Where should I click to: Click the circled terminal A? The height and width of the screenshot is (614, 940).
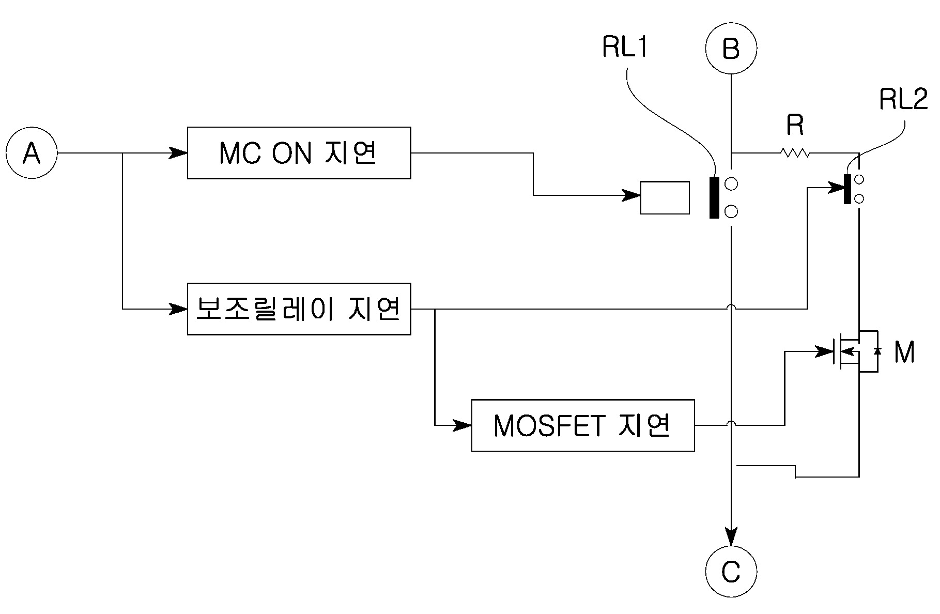[32, 153]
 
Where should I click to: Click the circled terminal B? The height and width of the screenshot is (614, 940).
[731, 49]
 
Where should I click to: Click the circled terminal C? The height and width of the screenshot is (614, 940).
[731, 571]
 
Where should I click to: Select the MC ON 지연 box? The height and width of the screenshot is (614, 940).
[299, 153]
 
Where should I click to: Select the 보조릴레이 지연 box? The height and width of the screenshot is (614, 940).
[299, 309]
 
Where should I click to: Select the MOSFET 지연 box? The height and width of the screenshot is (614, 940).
[583, 425]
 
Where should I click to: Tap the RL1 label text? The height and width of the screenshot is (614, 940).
[625, 48]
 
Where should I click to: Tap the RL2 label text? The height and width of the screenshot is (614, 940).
[903, 100]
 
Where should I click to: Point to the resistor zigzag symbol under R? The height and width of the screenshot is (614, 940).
[794, 153]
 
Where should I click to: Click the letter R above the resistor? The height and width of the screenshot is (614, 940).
[795, 125]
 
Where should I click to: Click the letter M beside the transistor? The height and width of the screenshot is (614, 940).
[904, 352]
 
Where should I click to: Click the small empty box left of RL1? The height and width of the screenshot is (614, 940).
[665, 197]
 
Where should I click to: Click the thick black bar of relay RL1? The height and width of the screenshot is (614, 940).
[714, 197]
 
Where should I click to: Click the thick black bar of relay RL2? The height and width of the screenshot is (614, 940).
[847, 189]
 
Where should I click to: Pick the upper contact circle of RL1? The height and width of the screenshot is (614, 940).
[731, 183]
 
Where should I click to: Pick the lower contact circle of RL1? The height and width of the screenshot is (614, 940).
[731, 211]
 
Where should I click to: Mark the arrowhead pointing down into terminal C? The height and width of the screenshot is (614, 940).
[731, 536]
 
